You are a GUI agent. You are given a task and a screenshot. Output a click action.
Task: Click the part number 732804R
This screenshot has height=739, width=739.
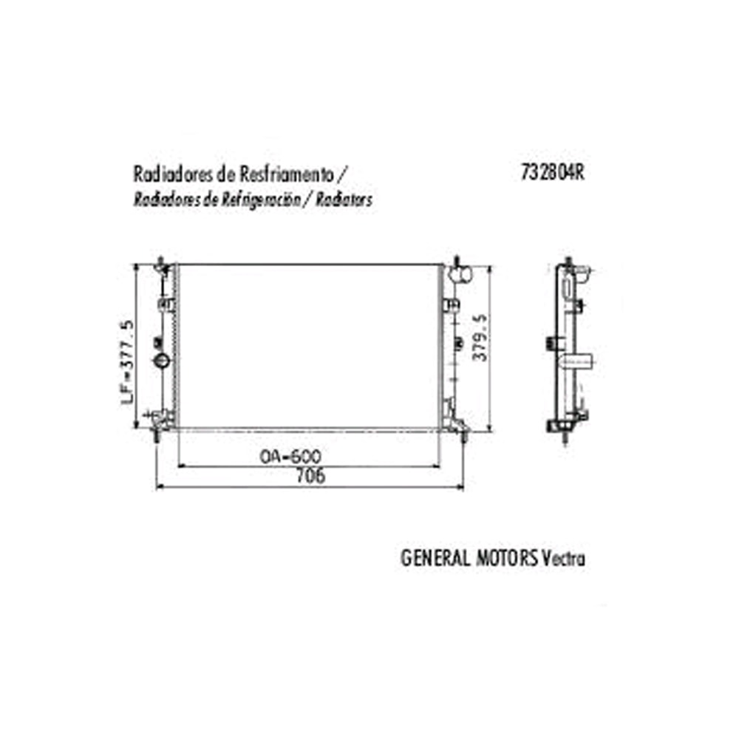click(553, 172)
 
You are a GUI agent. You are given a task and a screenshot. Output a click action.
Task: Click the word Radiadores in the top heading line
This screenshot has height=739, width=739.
click(169, 174)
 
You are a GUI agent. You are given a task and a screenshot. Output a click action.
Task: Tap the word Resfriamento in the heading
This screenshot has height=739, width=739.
click(285, 174)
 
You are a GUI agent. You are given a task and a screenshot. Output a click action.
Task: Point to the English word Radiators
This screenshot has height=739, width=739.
click(347, 200)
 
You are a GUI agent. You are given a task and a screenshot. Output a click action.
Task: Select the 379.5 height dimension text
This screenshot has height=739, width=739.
click(480, 337)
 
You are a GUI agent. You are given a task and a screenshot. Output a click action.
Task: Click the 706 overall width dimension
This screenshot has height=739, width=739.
click(310, 477)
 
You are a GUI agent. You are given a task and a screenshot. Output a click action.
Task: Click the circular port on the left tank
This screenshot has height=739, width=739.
click(161, 361)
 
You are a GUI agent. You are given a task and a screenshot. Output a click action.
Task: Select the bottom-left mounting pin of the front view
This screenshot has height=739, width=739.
click(157, 436)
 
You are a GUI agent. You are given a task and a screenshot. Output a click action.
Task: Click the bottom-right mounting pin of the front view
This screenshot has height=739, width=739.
click(463, 436)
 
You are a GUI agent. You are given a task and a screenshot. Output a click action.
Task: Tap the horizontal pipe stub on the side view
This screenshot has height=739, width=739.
click(581, 361)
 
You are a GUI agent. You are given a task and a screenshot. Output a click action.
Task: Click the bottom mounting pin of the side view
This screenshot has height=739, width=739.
click(566, 439)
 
